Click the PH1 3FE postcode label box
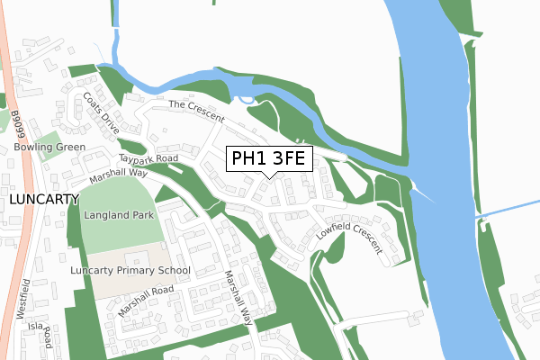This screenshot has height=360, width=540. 269,159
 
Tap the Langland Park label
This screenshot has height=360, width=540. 119,216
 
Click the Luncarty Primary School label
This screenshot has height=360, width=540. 130,269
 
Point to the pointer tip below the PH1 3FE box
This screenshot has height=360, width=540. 269,177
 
